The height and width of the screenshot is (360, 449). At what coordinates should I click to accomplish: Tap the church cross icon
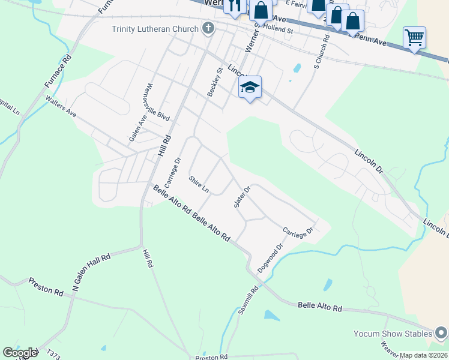(x=208, y=28)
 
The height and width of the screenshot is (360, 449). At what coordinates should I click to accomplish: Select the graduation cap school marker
(x=250, y=88)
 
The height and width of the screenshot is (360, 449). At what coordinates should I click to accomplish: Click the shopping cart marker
(x=414, y=37)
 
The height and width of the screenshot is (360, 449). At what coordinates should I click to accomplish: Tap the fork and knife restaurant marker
(x=234, y=5)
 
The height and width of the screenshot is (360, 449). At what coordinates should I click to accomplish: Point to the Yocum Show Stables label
(x=394, y=334)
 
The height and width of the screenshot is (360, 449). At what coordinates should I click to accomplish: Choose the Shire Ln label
(x=199, y=184)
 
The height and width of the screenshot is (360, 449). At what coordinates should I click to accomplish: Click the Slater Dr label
(x=241, y=197)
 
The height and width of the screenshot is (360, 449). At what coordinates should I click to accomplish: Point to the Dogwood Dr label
(x=270, y=259)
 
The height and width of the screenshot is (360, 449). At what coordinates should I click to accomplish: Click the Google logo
(x=19, y=353)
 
